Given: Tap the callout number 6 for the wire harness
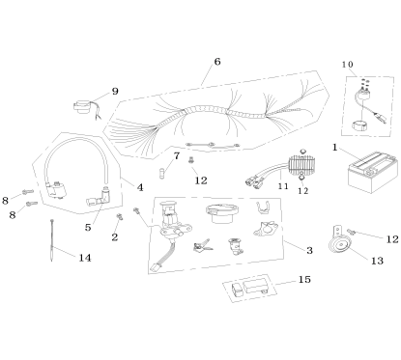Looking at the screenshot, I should [216, 61].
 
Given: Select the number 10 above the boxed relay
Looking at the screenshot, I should [347, 64].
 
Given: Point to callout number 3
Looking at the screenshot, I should [309, 250].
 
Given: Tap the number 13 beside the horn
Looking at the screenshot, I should [376, 260].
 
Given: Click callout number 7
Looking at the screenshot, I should [176, 155].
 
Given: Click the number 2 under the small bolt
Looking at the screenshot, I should [115, 236].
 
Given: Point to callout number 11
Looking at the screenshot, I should [283, 183].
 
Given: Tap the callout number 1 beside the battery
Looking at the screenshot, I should [334, 149].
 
